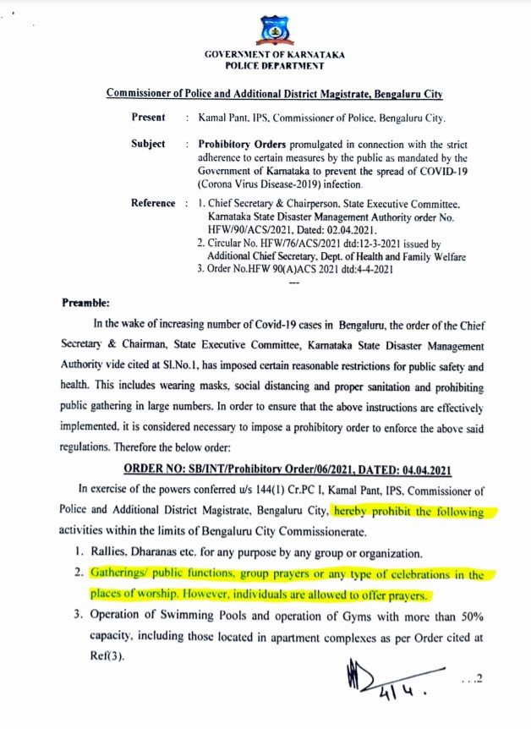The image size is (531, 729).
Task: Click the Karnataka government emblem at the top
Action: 276,32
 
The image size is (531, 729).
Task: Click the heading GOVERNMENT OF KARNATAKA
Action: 275,55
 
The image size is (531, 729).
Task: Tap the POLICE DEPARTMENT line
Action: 275,65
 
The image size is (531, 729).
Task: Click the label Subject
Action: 148,144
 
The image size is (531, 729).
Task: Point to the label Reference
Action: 152,204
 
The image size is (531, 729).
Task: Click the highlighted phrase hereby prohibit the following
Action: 408,512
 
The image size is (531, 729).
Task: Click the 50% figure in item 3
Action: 469,615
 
